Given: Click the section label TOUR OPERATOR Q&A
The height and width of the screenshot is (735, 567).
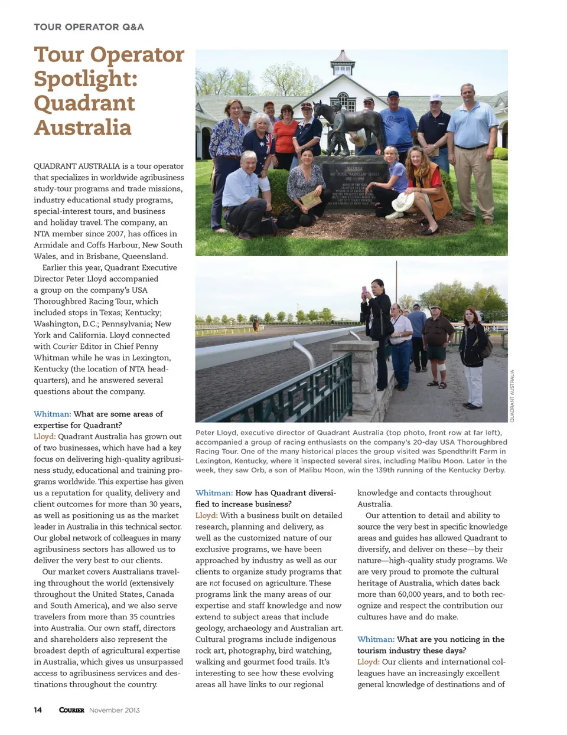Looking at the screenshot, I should (89, 27).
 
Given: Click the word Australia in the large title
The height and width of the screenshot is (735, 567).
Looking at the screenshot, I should (83, 128).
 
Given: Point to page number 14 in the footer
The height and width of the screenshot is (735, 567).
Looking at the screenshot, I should (38, 710).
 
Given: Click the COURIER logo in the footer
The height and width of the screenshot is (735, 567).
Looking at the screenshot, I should (71, 710).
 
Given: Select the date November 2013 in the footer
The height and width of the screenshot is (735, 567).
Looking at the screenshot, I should (115, 710).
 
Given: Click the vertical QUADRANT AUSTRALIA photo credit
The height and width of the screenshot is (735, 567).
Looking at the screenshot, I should (512, 396).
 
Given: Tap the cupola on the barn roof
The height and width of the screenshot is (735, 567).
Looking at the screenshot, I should (343, 64).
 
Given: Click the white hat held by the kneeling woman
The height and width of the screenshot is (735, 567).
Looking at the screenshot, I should (403, 202).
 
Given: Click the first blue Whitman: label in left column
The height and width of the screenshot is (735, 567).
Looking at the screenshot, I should (52, 414).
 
